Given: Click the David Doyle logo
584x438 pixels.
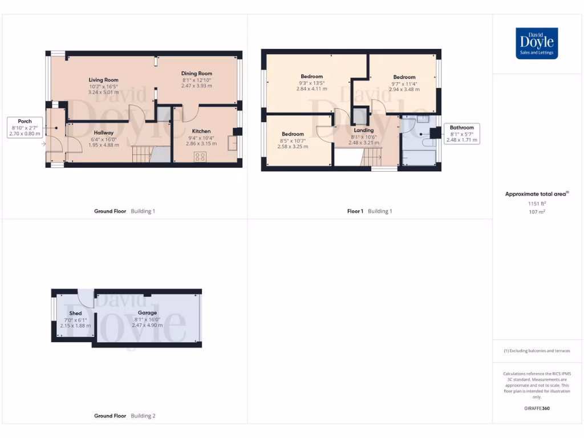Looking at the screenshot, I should click(x=537, y=43).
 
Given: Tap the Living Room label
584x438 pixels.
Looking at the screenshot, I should click(x=103, y=80).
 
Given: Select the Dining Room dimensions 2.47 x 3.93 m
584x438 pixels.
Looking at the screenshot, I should click(x=197, y=86).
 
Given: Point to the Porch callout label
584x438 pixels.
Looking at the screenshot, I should click(x=25, y=121).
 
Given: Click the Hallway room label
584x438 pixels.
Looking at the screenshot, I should click(x=104, y=132).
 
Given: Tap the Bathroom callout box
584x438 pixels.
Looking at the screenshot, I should click(x=462, y=134).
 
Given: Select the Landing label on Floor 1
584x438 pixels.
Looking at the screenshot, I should click(x=363, y=130).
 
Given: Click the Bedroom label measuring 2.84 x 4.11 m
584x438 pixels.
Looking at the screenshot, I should click(x=311, y=76).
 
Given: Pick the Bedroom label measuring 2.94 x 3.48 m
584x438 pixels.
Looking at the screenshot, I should click(x=404, y=77).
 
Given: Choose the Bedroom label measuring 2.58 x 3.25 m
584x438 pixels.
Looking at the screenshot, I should click(x=293, y=134).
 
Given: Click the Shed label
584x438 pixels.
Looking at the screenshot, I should click(x=75, y=313).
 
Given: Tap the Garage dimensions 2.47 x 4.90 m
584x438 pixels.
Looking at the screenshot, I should click(x=147, y=326).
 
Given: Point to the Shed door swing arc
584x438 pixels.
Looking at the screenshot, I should click(x=86, y=298).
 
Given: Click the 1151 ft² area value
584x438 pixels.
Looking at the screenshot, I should click(x=536, y=204).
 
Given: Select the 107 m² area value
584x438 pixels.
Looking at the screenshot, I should click(x=536, y=212).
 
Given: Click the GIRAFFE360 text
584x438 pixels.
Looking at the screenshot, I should click(x=536, y=408).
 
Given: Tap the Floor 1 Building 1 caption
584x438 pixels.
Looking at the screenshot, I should click(x=370, y=211).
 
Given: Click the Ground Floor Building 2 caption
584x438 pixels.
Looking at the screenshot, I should click(x=124, y=416).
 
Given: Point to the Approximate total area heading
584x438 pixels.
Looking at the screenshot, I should click(x=536, y=194).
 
